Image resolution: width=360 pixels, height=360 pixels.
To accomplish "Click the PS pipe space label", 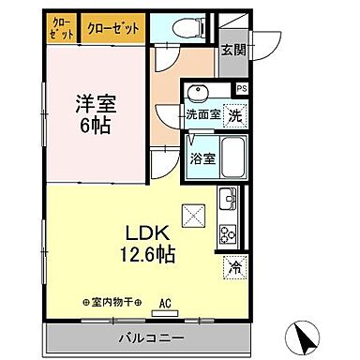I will tap(242, 90).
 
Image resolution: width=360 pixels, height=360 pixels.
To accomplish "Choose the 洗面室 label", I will tap(202, 114).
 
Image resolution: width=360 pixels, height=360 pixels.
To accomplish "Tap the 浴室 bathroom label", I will tap(202, 157).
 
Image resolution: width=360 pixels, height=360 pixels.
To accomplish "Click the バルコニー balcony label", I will tap(150, 337).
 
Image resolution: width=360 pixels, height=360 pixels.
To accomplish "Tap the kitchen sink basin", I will tap(227, 200).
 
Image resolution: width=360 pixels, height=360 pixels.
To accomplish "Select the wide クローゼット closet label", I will tap(112, 28).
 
